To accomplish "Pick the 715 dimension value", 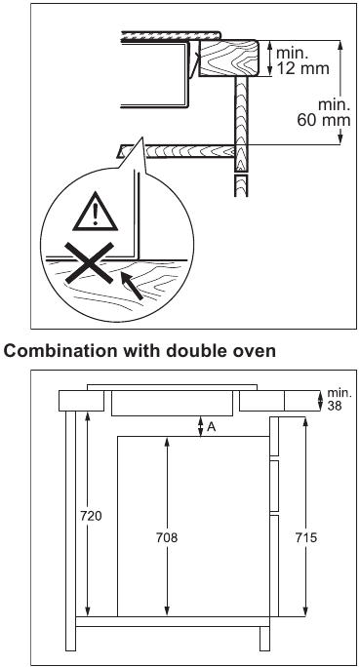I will click(305, 536).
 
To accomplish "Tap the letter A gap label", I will click(213, 425).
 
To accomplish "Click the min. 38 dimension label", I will click(338, 398).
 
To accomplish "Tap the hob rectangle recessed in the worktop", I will click(172, 403).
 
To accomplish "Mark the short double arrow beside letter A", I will click(199, 426).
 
